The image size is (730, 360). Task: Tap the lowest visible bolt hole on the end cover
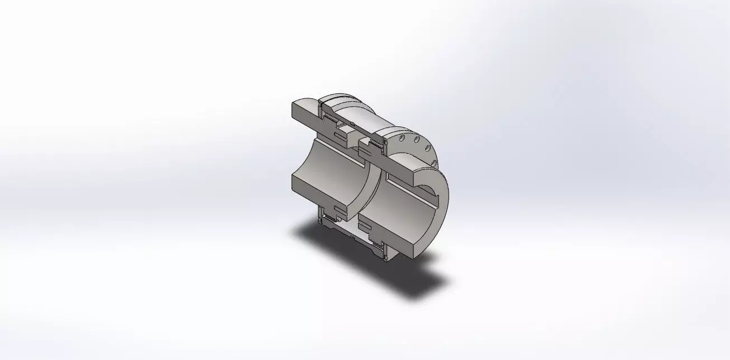434,163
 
